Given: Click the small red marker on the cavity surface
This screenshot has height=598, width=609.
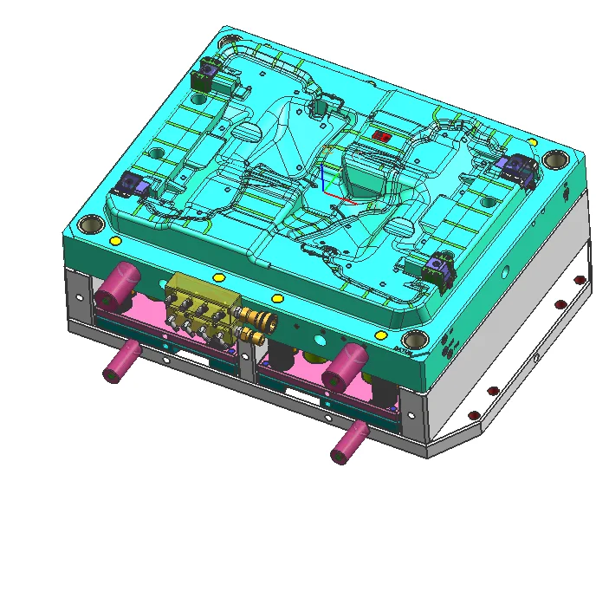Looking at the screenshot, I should (x=381, y=136).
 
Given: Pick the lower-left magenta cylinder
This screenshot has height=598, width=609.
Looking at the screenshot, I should (x=121, y=361).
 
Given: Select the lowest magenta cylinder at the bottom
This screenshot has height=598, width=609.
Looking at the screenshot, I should (x=347, y=441).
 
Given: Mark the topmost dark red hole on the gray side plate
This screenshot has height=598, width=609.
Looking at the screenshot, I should (x=580, y=278).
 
